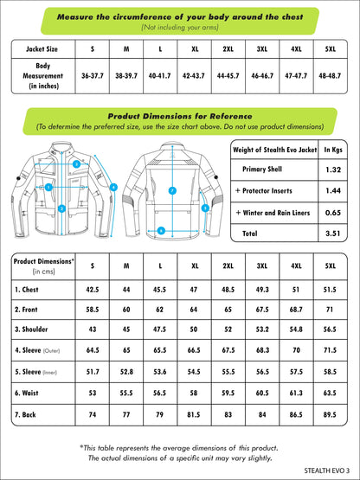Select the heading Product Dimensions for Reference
pyautogui.click(x=179, y=115)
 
